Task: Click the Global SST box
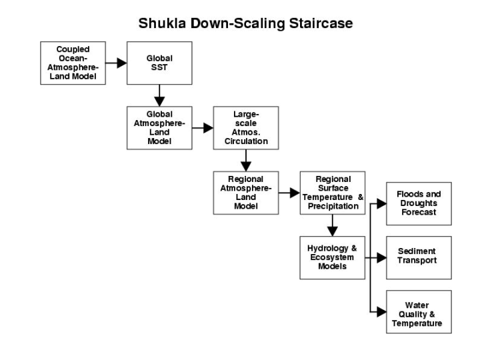point(159,63)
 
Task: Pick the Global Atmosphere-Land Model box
point(159,127)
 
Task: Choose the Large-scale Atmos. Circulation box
point(245,127)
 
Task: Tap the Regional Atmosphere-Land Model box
point(245,192)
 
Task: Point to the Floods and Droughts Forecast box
point(419,203)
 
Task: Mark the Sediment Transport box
point(419,257)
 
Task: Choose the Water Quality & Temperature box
point(419,311)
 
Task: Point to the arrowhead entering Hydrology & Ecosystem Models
point(332,231)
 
